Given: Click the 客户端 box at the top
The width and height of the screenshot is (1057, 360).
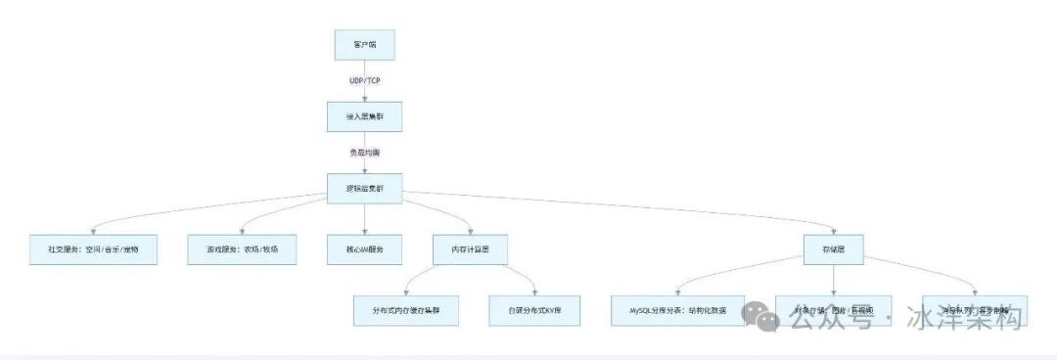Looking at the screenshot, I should click(364, 45).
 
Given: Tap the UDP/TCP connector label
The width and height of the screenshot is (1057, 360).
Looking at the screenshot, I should click(364, 80).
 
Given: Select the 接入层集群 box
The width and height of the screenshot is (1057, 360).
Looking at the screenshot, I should click(364, 116).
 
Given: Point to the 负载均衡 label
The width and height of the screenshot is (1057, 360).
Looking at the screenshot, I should click(364, 153).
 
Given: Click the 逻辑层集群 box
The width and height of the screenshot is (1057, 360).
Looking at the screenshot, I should click(364, 189).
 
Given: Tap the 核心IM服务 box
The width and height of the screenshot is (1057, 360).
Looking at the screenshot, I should click(364, 249).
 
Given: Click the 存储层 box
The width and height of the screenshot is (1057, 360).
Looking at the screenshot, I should click(834, 249).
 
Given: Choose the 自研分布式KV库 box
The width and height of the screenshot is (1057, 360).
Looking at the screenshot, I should click(535, 309).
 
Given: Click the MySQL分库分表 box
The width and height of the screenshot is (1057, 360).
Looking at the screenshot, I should click(678, 309).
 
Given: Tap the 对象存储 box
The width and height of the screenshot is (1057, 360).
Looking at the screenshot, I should click(834, 309).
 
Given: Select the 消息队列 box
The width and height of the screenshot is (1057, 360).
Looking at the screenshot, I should click(975, 309).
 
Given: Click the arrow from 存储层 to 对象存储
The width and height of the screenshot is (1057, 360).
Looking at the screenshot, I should click(834, 279).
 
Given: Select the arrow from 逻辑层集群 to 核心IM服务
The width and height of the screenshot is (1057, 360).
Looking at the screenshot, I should click(364, 219).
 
